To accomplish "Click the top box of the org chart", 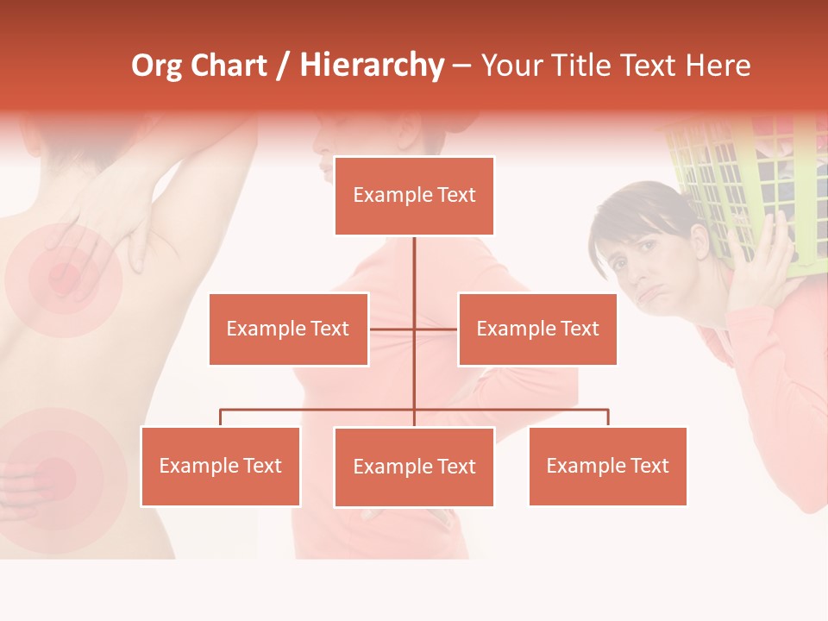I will [x=414, y=196].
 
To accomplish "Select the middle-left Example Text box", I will [x=288, y=329].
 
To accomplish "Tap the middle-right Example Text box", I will [x=537, y=329].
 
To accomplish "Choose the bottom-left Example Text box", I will [x=220, y=466].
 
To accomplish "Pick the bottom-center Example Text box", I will [x=414, y=467].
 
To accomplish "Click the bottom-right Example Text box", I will [x=607, y=466].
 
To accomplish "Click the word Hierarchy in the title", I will [x=372, y=66].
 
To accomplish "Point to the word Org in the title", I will [x=156, y=66].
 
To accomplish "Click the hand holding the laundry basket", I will [x=773, y=259].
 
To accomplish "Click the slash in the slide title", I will [x=284, y=66].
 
